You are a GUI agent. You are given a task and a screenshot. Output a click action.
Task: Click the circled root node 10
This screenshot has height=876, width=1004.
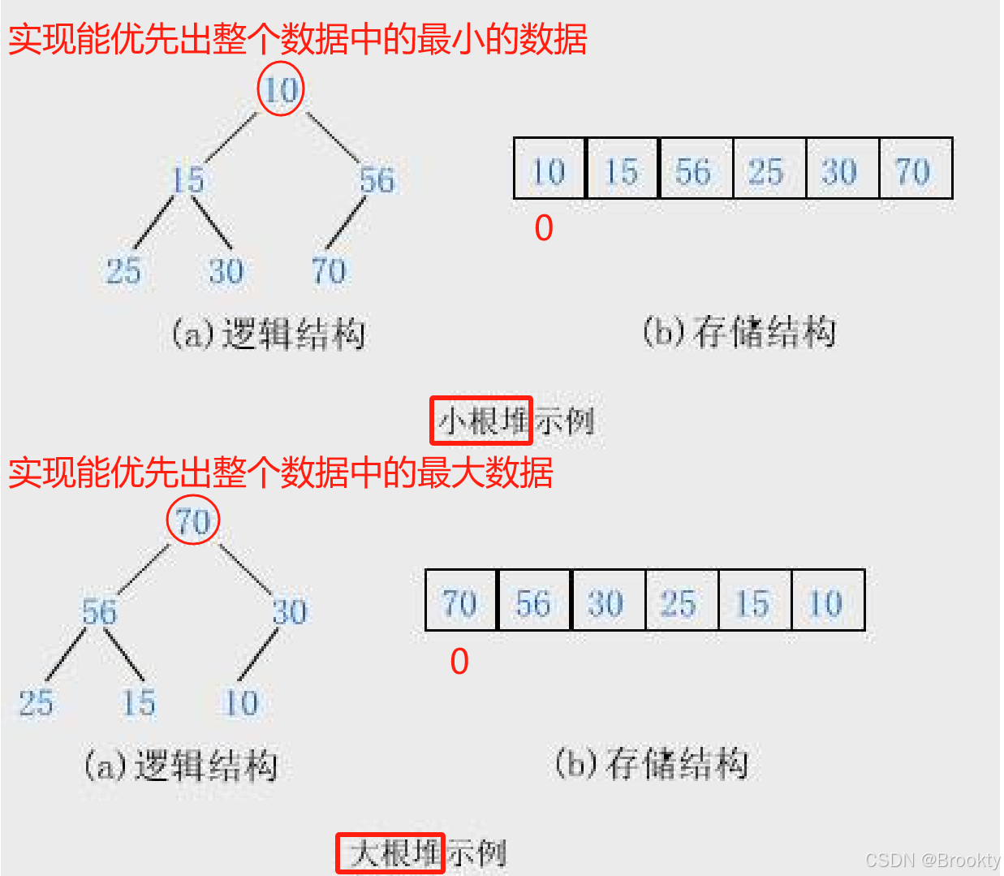click(x=281, y=89)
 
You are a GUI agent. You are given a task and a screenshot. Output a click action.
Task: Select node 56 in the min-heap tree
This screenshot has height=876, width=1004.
click(x=377, y=180)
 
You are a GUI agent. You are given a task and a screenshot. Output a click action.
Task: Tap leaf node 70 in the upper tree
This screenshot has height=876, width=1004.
click(x=329, y=271)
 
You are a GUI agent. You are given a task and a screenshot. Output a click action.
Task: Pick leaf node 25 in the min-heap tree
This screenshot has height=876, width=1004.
click(x=123, y=271)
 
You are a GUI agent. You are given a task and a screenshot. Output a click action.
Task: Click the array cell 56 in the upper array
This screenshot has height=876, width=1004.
click(x=695, y=170)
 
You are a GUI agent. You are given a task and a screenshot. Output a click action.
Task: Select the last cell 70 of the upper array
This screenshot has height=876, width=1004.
click(x=914, y=170)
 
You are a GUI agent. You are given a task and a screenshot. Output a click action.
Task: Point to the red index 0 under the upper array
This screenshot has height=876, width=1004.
click(x=544, y=228)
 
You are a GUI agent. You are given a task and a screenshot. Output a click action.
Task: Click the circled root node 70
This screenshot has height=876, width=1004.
click(x=193, y=521)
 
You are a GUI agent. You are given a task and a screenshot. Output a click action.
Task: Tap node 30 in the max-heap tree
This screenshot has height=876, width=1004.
click(x=290, y=612)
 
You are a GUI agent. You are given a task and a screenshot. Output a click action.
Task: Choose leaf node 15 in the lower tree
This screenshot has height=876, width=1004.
click(x=139, y=703)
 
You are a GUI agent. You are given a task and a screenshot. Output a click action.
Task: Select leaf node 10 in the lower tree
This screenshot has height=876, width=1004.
click(x=242, y=703)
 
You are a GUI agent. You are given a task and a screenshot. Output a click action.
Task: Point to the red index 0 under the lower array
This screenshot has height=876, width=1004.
click(x=459, y=662)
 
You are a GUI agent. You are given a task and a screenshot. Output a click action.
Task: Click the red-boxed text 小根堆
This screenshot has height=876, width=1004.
click(x=480, y=421)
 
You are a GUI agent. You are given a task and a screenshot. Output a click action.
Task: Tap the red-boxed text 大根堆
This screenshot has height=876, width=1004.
click(x=390, y=852)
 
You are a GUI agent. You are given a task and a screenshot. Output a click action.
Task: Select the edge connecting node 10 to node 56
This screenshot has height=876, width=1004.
click(x=331, y=136)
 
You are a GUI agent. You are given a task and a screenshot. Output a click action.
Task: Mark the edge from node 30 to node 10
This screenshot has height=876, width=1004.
click(x=259, y=654)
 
